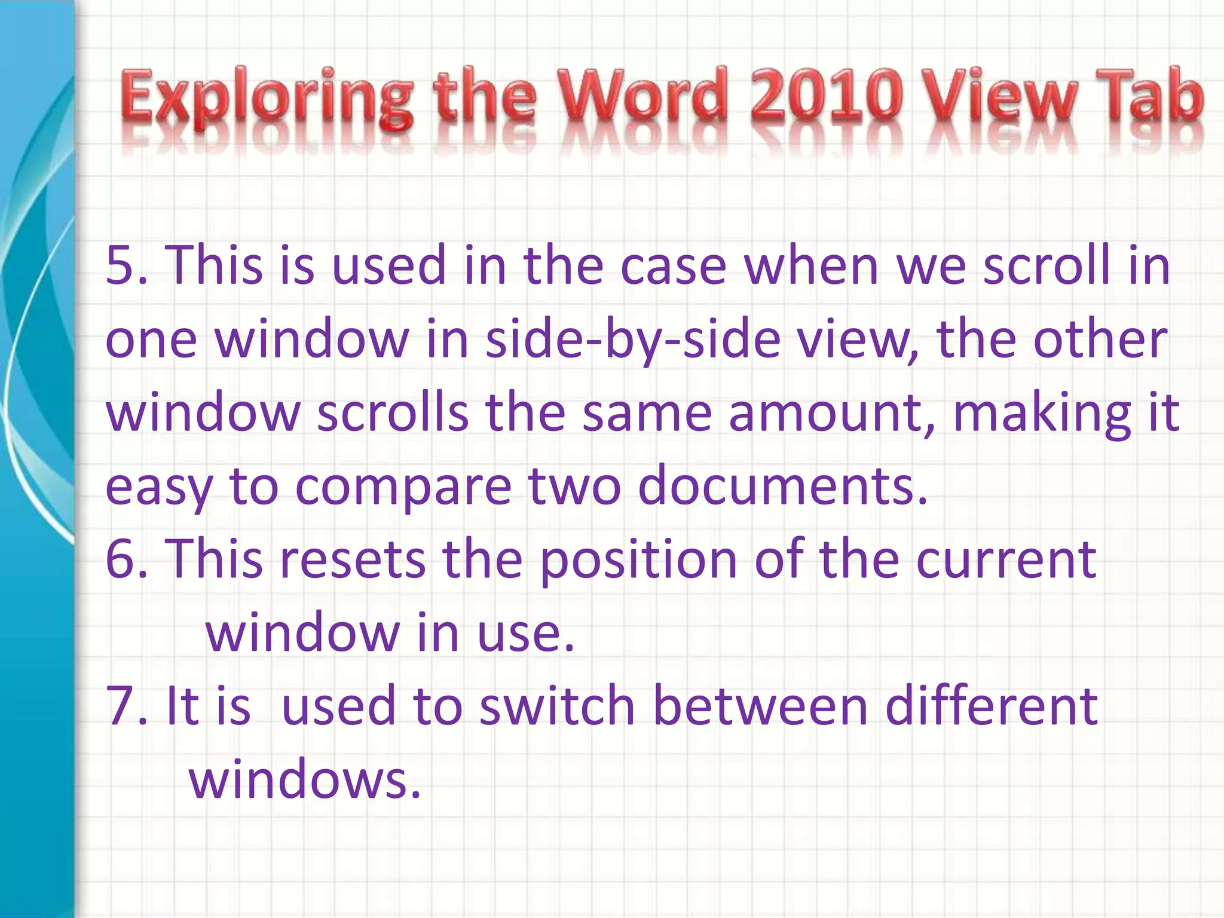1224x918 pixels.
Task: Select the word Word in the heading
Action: [646, 96]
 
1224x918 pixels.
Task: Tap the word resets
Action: [353, 559]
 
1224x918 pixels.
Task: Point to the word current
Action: [1006, 559]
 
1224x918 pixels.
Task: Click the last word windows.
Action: [305, 780]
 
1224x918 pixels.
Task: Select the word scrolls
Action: [392, 413]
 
